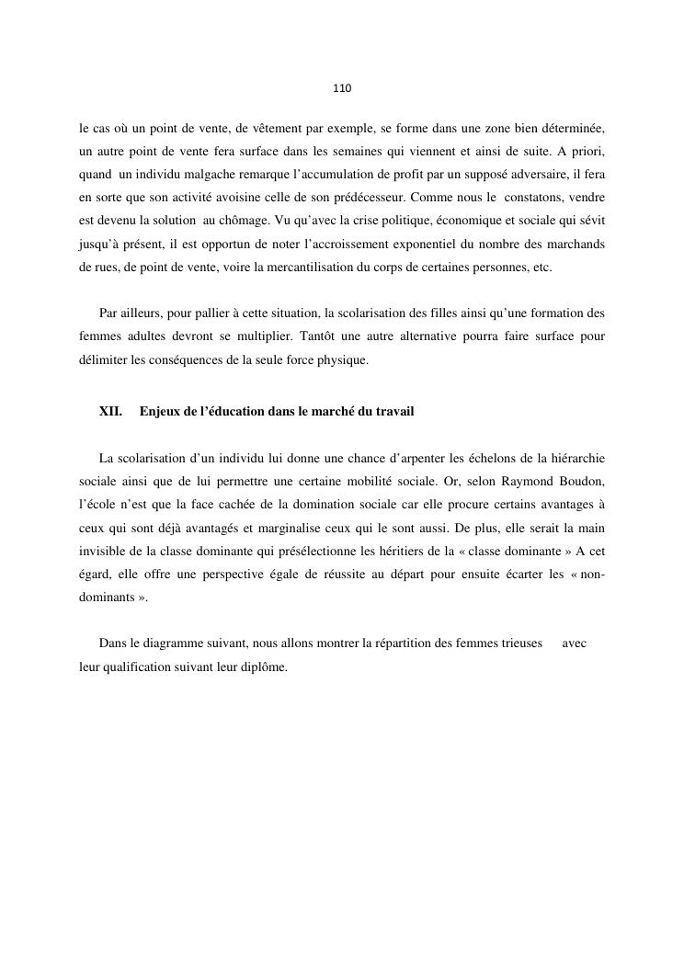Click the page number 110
[x=342, y=89]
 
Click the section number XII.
[x=110, y=412]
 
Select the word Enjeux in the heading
[x=159, y=412]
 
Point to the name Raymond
[x=516, y=482]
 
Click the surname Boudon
[x=576, y=482]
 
